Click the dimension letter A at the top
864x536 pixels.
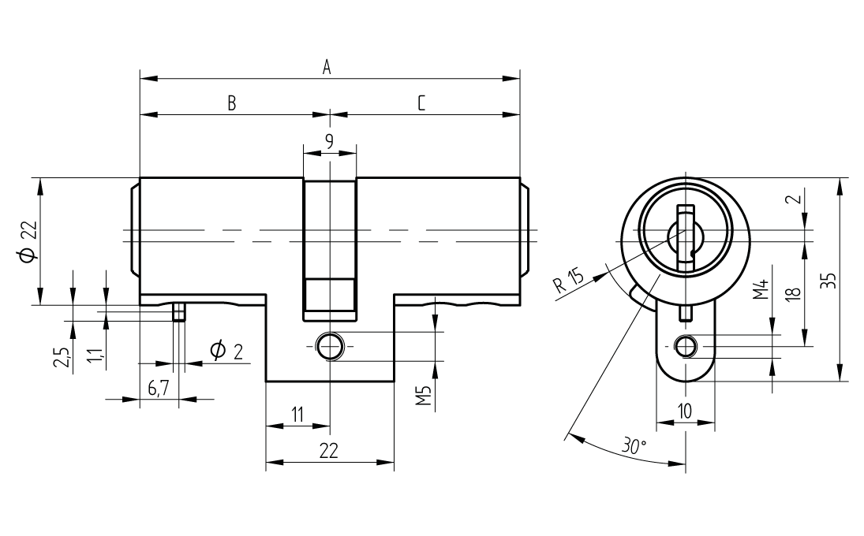point(326,68)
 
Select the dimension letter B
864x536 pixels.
point(232,103)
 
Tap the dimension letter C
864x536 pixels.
point(422,103)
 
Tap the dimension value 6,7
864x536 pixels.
point(159,388)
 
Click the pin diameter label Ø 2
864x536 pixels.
point(226,350)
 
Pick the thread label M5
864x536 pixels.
point(424,396)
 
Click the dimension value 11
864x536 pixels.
point(297,415)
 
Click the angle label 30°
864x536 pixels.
point(633,445)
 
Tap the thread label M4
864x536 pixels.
point(760,290)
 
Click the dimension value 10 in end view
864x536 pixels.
point(684,410)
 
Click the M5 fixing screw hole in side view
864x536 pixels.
point(329,345)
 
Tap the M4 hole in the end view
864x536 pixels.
point(685,346)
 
